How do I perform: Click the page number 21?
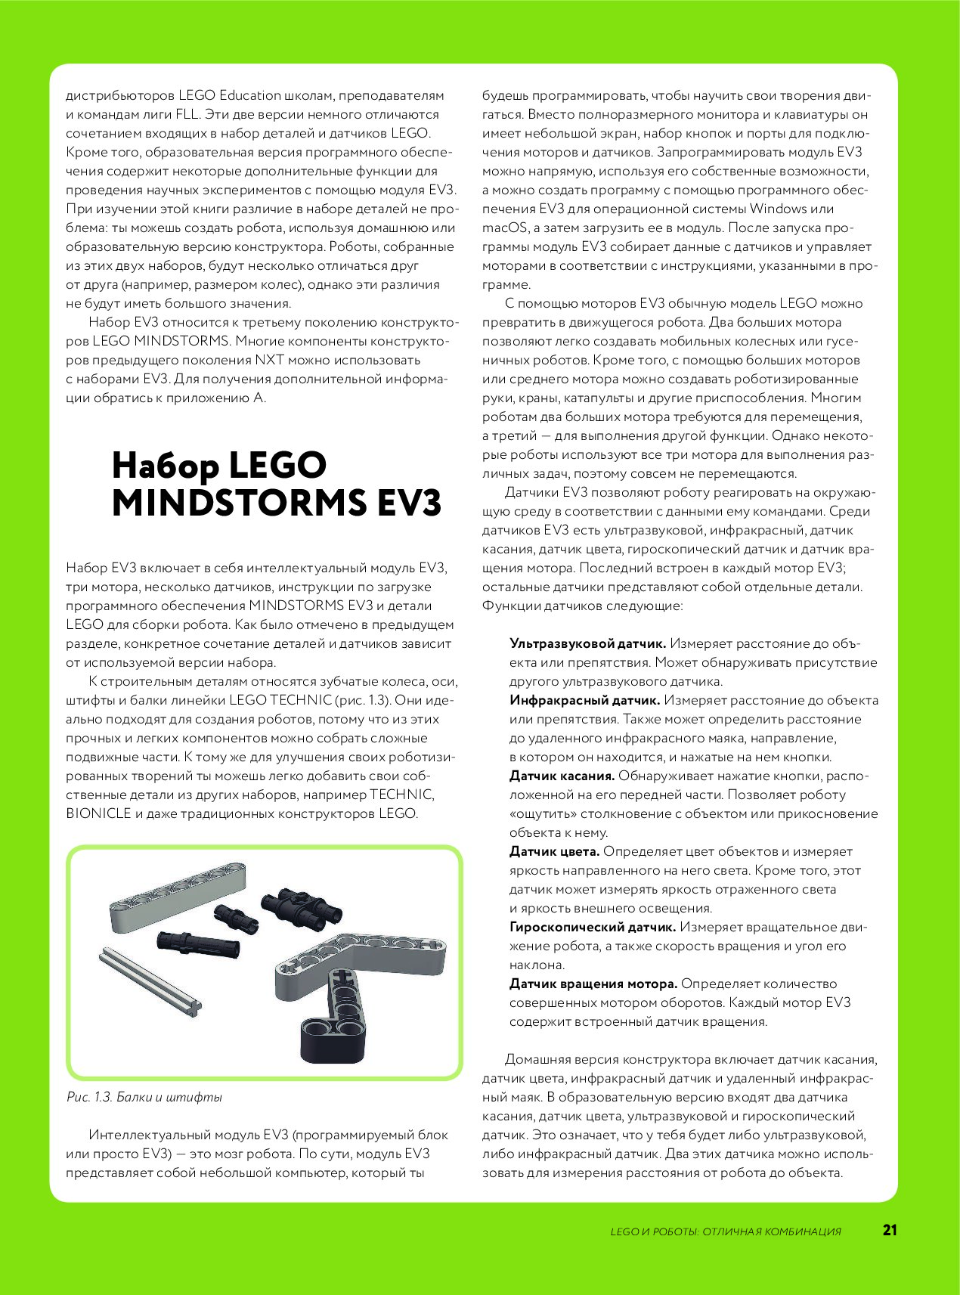coord(890,1230)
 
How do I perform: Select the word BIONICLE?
coord(98,814)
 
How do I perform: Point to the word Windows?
coord(779,209)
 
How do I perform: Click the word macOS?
coord(502,228)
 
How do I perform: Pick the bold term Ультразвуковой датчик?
coord(587,644)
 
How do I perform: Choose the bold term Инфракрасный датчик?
coord(584,701)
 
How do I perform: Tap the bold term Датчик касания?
coord(562,776)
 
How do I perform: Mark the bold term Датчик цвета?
coord(554,852)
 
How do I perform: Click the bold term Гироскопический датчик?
coord(592,928)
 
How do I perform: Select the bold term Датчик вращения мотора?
coord(593,984)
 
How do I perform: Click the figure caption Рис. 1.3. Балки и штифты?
coord(144,1097)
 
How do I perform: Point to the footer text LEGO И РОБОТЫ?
coord(654,1231)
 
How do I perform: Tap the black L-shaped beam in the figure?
coord(333,1013)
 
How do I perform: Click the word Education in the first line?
coord(250,96)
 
